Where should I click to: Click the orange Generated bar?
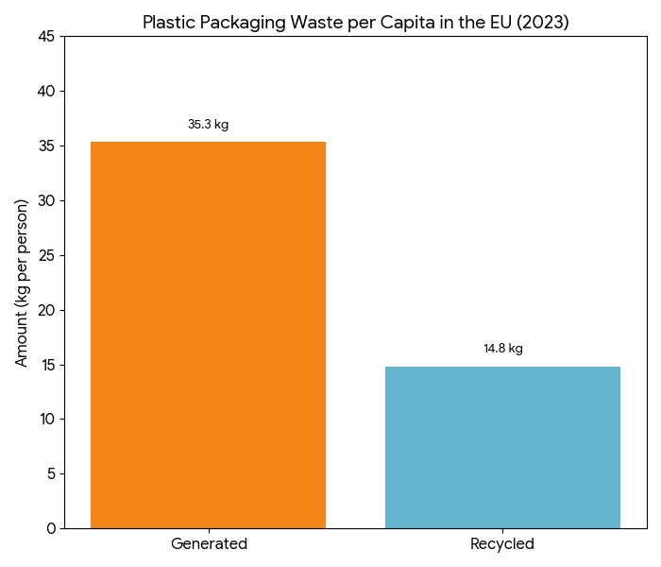pyautogui.click(x=208, y=335)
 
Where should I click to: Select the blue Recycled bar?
pyautogui.click(x=502, y=447)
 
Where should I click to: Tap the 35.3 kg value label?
pyautogui.click(x=208, y=125)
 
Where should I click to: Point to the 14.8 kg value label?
pyautogui.click(x=502, y=349)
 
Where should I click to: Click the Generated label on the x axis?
pyautogui.click(x=209, y=544)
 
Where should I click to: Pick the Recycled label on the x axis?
pyautogui.click(x=502, y=544)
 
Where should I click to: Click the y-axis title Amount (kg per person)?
pyautogui.click(x=22, y=283)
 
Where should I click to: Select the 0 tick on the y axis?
pyautogui.click(x=52, y=528)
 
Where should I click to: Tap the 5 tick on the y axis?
pyautogui.click(x=52, y=473)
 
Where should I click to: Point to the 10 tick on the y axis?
pyautogui.click(x=48, y=419)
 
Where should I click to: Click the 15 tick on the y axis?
pyautogui.click(x=48, y=365)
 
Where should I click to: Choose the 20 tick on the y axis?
pyautogui.click(x=48, y=310)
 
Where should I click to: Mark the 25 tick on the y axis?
pyautogui.click(x=48, y=255)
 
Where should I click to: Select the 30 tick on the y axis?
pyautogui.click(x=48, y=200)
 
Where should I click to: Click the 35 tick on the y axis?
pyautogui.click(x=48, y=146)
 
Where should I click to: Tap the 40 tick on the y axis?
pyautogui.click(x=48, y=92)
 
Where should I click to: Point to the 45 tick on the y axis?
pyautogui.click(x=48, y=37)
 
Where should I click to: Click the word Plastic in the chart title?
pyautogui.click(x=168, y=22)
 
